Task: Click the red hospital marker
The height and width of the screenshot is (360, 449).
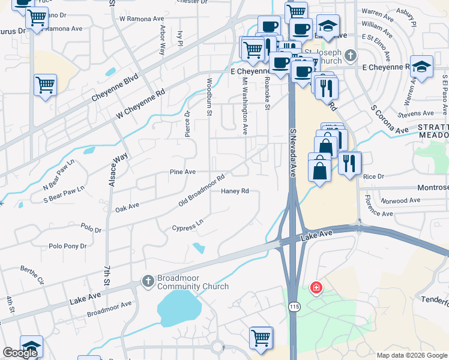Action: pyautogui.click(x=315, y=289)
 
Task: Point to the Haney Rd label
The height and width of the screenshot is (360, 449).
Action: pyautogui.click(x=235, y=191)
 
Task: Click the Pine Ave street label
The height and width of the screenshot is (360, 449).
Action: pyautogui.click(x=183, y=172)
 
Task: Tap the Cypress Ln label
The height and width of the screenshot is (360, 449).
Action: pyautogui.click(x=188, y=227)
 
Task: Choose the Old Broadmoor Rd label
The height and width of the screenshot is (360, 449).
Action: pyautogui.click(x=202, y=191)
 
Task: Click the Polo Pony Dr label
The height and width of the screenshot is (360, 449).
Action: pyautogui.click(x=68, y=246)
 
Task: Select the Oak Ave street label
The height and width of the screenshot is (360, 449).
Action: pyautogui.click(x=127, y=208)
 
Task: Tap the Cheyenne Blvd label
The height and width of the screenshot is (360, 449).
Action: pyautogui.click(x=115, y=88)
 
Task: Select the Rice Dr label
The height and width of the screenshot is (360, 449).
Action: pyautogui.click(x=373, y=176)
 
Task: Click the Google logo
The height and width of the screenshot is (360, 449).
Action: pyautogui.click(x=20, y=353)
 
